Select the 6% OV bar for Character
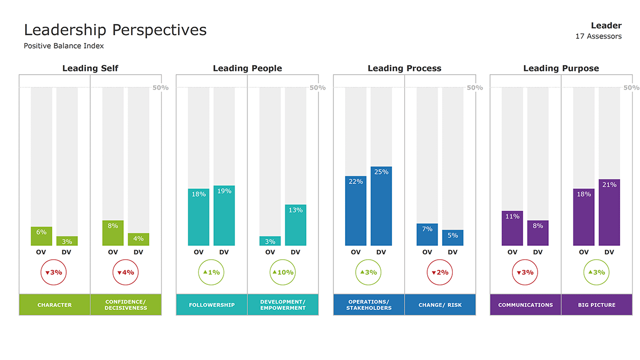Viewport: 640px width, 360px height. (x=41, y=236)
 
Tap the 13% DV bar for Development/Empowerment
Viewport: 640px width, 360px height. (x=295, y=225)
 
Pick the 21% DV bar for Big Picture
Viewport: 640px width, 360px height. (x=609, y=212)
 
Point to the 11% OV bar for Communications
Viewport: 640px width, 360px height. (x=512, y=228)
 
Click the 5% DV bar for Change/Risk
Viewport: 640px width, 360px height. (x=452, y=238)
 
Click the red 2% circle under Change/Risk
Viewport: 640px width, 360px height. (x=439, y=272)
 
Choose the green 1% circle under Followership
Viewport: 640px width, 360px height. (x=211, y=272)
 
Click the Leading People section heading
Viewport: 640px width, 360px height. (x=247, y=68)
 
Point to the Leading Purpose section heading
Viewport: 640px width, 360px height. (x=561, y=68)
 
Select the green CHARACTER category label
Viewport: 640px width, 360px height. (x=54, y=305)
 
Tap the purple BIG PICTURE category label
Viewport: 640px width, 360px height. (x=596, y=305)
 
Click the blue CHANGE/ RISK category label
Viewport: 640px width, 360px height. (x=440, y=305)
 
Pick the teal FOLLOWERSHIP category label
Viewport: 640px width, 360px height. (x=212, y=305)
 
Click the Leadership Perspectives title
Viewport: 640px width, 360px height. (x=115, y=30)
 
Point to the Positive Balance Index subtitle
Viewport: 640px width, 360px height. (x=63, y=46)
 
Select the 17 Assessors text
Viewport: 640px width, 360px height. (x=598, y=36)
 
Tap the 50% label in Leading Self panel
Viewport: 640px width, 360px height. (x=161, y=87)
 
